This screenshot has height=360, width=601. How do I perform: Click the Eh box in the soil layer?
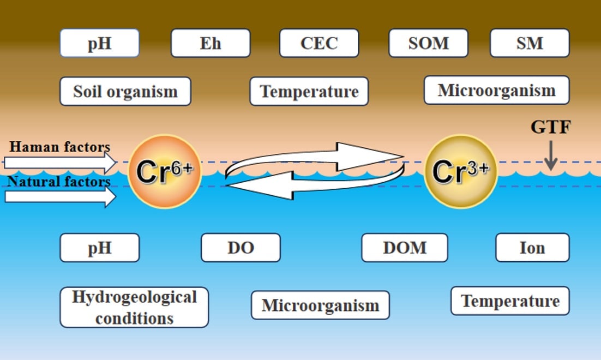(x=211, y=43)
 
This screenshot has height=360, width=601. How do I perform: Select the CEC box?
(x=319, y=43)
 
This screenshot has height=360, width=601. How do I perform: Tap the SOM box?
(x=428, y=43)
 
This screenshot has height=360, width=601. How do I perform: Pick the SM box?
(x=530, y=43)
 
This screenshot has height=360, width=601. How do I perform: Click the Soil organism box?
(x=125, y=91)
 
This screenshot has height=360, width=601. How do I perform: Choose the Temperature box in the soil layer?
(x=309, y=91)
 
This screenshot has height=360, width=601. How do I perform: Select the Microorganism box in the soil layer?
(x=496, y=90)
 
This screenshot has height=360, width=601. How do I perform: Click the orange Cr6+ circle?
(x=165, y=171)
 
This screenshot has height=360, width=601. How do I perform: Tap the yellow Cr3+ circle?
(x=461, y=171)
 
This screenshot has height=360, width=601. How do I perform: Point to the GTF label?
(x=550, y=128)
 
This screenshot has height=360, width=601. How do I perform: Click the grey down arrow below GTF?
(x=550, y=155)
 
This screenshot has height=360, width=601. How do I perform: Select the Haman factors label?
(x=59, y=147)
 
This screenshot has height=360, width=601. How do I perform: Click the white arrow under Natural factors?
(x=60, y=196)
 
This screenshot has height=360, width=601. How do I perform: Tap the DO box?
(x=241, y=248)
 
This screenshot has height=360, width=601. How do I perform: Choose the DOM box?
(x=404, y=248)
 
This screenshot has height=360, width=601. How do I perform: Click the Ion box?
(x=532, y=248)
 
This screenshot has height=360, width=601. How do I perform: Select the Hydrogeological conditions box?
(x=134, y=307)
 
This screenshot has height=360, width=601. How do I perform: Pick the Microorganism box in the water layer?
(x=320, y=305)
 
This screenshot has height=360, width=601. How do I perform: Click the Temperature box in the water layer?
(x=510, y=301)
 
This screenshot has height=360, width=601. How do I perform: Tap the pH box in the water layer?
(x=99, y=248)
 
